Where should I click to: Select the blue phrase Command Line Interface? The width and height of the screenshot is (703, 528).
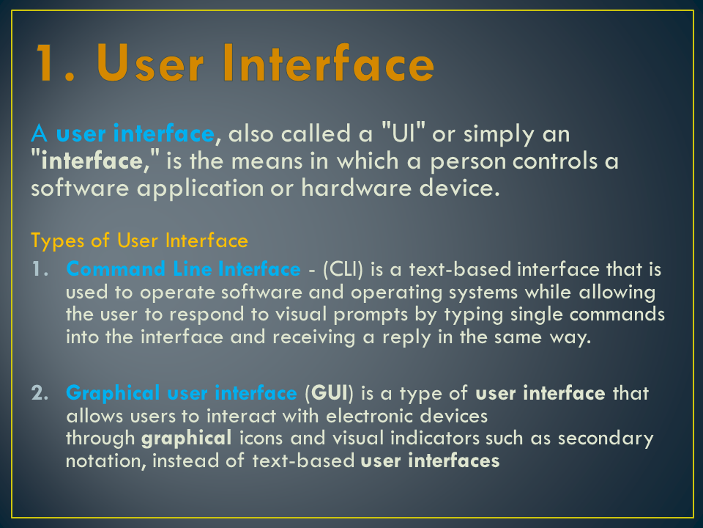coord(183,270)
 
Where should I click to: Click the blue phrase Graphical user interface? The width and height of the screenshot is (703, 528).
coord(182,394)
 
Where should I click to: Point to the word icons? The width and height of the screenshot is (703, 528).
coord(262,439)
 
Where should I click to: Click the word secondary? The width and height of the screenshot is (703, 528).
coord(606,439)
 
